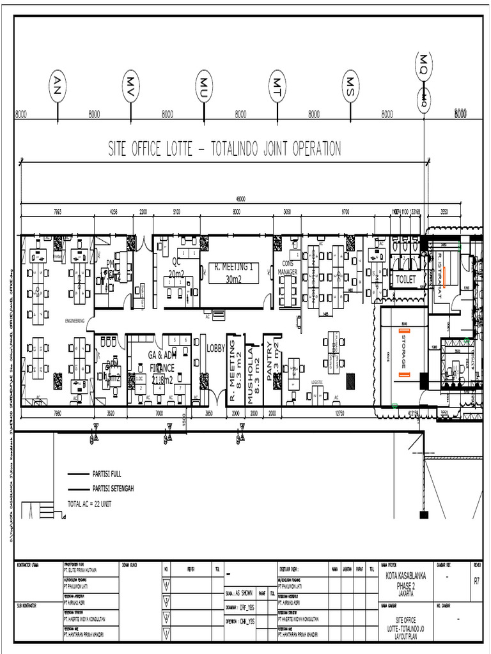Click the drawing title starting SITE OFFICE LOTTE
[224, 149]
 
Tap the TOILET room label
[405, 280]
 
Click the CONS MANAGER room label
[287, 268]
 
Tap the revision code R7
[476, 581]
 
